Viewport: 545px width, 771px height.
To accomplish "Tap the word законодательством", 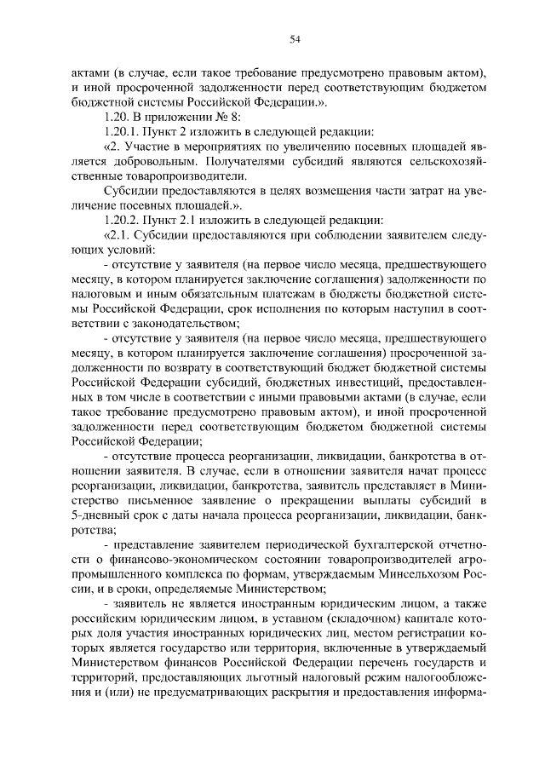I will click(x=185, y=323).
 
